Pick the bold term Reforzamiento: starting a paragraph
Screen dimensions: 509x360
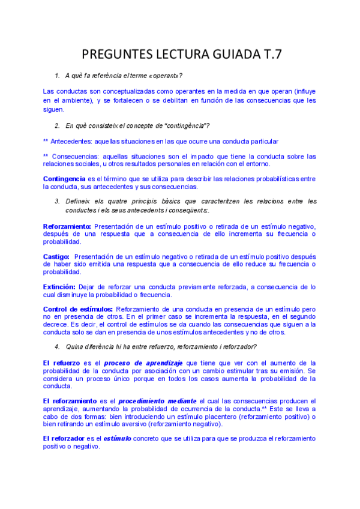click(x=67, y=226)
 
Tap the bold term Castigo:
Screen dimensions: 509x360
click(x=57, y=256)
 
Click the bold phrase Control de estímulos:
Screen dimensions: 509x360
click(x=78, y=309)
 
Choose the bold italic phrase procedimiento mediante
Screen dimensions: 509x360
click(x=157, y=401)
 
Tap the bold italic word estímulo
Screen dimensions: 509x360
click(x=117, y=439)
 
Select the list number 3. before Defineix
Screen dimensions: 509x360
click(x=57, y=201)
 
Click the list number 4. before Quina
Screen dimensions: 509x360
click(x=57, y=346)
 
